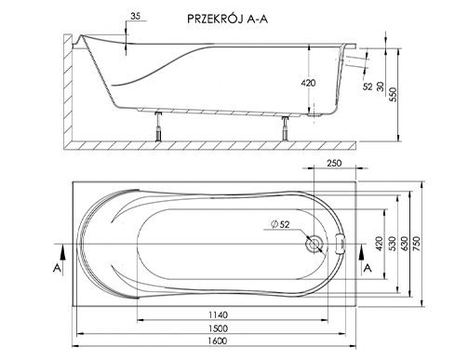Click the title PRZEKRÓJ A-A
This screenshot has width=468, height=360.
227,20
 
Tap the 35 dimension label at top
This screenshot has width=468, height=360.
135,16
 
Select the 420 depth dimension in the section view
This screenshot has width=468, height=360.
308,83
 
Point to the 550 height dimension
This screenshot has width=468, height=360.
393,95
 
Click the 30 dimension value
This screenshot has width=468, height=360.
381,87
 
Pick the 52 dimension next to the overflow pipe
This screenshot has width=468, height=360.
368,87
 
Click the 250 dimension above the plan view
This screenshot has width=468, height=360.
334,163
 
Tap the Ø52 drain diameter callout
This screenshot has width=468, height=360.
280,224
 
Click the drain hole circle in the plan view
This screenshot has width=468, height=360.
314,244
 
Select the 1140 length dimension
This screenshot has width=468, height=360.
218,314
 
